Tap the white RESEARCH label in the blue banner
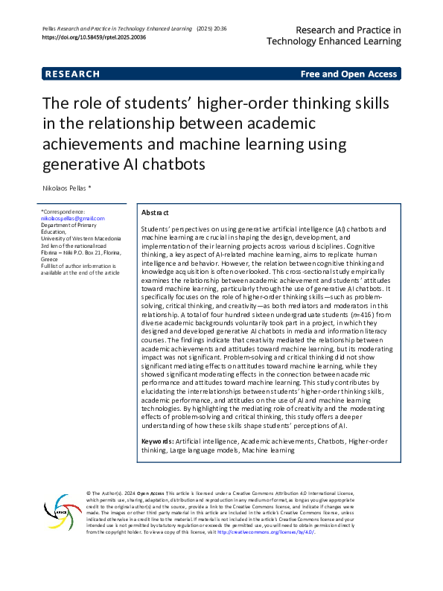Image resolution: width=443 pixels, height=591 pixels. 72,74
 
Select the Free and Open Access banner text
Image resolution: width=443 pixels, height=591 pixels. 348,74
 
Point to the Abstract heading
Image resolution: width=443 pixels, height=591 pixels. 155,213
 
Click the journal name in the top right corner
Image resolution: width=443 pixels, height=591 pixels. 348,36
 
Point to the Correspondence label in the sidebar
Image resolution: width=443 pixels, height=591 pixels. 64,211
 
